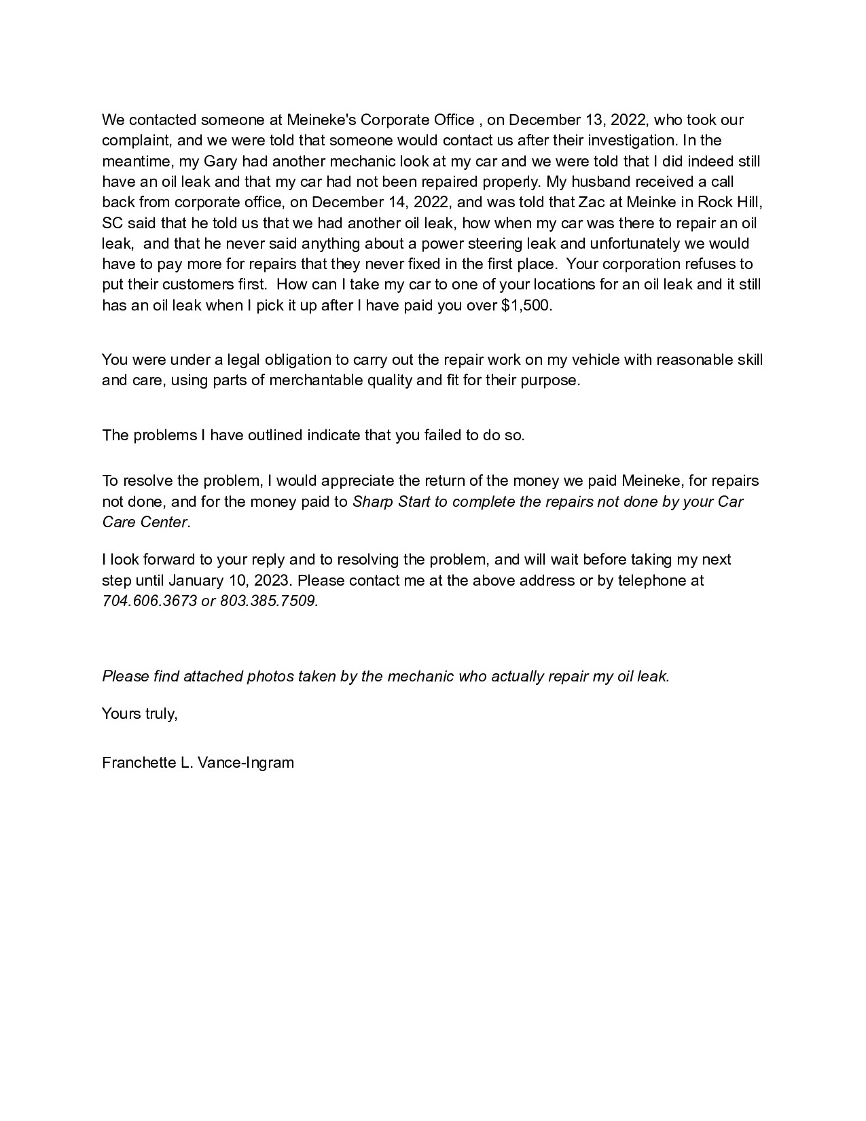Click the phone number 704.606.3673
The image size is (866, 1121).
click(x=149, y=601)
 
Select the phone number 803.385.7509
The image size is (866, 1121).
click(x=269, y=601)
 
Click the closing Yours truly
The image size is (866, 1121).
click(x=139, y=714)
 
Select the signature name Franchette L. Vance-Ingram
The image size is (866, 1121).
click(x=198, y=763)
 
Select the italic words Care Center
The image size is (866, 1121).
click(x=144, y=522)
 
